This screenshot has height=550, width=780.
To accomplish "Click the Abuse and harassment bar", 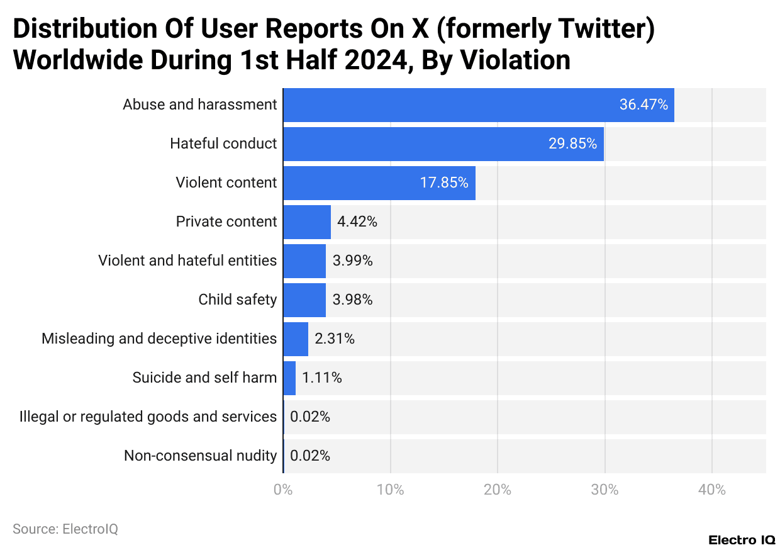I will pos(478,105).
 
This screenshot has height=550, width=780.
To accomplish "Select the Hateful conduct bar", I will pos(443,144).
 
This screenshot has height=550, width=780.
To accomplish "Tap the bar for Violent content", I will pos(379,183).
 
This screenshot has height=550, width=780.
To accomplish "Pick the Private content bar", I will pos(306,222).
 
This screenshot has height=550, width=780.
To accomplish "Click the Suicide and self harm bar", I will pos(289,378).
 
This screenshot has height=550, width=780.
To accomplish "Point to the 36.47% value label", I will pos(643,105).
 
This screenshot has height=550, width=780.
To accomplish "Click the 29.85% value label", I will pos(572,144).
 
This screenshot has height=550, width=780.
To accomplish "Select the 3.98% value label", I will pos(352,300).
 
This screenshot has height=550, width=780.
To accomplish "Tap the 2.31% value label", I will pos(335,339).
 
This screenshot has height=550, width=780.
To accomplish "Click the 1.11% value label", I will pos(322,378).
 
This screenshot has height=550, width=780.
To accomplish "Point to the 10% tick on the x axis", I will pos(390,490).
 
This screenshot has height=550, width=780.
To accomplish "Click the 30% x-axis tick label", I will pos(604,490).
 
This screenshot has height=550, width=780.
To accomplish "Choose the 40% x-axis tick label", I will pos(711,490).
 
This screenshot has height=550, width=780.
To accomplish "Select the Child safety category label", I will pos(237,300).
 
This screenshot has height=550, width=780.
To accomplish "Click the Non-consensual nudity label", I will pos(200,456).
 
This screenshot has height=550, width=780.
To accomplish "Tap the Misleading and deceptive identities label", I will pos(159,339).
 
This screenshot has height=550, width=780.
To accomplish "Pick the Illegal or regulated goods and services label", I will pos(148,417).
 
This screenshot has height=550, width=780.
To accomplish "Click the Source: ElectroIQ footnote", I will pos(65,529).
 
